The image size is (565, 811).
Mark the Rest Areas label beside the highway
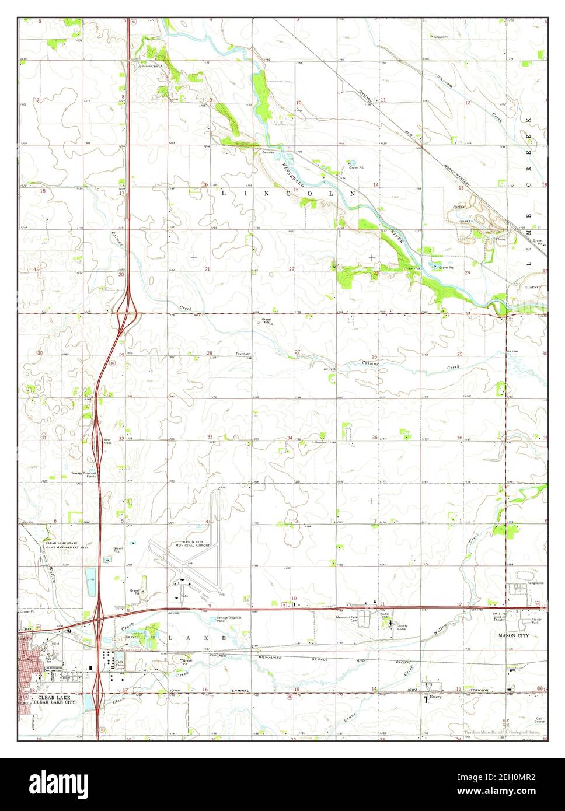click(107, 442)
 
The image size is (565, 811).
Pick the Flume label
click(500, 240)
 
